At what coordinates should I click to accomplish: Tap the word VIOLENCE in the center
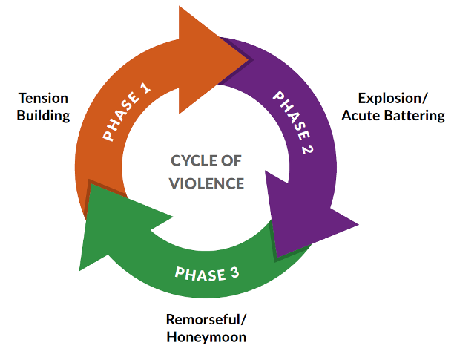[x=207, y=183]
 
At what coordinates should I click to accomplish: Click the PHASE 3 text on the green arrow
[x=207, y=272]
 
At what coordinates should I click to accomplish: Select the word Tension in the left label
[x=44, y=98]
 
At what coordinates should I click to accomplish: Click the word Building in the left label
[x=45, y=115]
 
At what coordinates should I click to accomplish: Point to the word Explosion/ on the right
[x=392, y=98]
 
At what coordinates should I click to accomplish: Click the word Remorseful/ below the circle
[x=205, y=321]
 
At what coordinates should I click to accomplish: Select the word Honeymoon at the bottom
[x=206, y=338]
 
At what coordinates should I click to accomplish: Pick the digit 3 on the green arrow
[x=234, y=272]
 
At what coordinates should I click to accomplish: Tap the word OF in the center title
[x=231, y=160]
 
